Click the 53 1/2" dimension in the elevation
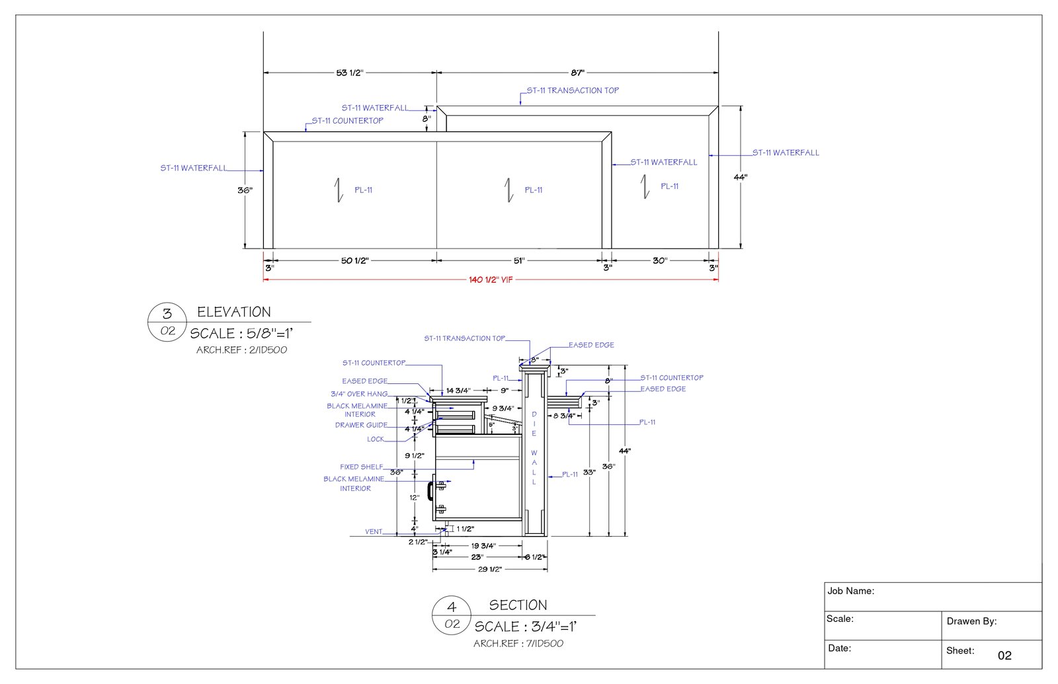coord(349,73)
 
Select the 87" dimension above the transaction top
coord(577,73)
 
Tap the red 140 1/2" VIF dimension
coord(491,280)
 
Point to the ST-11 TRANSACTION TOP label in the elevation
coord(573,91)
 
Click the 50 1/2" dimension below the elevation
coord(354,260)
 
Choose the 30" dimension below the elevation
coord(659,260)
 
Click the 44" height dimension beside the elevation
coord(740,177)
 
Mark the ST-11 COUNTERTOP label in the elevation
coord(347,121)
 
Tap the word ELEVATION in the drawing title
coord(234,312)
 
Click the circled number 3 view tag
coord(167,313)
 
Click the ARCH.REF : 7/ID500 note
coord(518,644)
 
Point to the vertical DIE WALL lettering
coord(534,448)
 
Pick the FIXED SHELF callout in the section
coord(361,467)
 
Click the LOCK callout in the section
coord(376,439)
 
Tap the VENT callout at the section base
coord(374,531)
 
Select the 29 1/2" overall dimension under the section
coord(489,569)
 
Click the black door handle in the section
coord(430,490)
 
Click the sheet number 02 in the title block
coord(1004,656)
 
